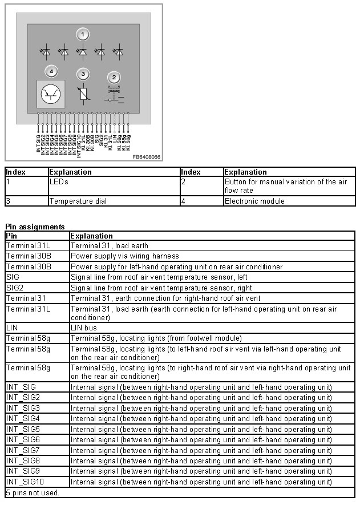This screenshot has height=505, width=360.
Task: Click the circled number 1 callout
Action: (x=83, y=34)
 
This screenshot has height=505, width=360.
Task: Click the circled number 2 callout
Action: (x=114, y=78)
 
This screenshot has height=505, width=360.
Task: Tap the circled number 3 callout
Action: (x=83, y=75)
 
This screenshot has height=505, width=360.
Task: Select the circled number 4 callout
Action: (x=52, y=72)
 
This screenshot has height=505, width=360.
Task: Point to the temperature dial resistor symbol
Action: (x=84, y=93)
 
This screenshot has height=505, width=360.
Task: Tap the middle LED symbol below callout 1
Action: (x=83, y=52)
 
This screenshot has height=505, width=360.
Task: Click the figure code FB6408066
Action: (x=146, y=157)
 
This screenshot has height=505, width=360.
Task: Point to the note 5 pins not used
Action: (x=32, y=492)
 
